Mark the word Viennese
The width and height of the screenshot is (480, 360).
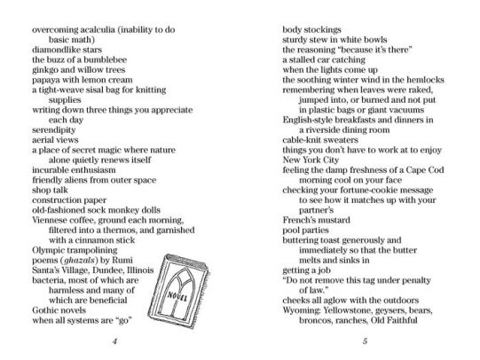pyautogui.click(x=39, y=217)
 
